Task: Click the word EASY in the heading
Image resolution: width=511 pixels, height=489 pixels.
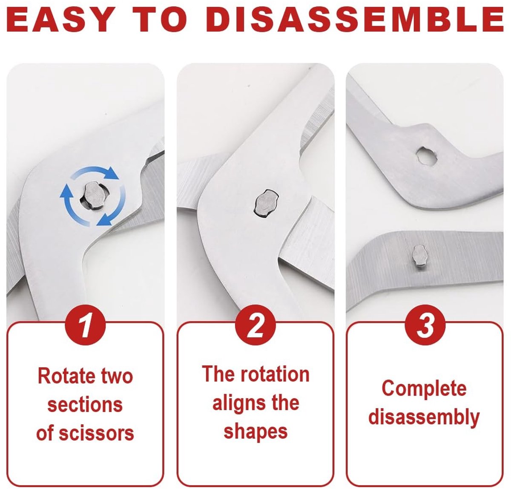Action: click(60, 20)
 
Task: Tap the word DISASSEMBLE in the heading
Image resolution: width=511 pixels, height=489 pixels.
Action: click(356, 20)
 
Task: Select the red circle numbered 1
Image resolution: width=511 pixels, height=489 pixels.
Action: click(85, 325)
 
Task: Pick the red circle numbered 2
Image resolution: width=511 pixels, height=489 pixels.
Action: click(255, 325)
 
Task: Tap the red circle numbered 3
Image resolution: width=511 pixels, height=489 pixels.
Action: click(425, 325)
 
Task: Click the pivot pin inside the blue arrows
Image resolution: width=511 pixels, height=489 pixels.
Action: click(93, 196)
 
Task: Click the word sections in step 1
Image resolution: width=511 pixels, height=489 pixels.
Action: click(85, 404)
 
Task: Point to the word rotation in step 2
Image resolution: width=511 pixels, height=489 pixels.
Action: click(275, 374)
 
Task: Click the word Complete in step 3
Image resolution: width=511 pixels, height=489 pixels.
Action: click(424, 388)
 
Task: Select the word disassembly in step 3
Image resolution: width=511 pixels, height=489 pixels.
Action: click(424, 417)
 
